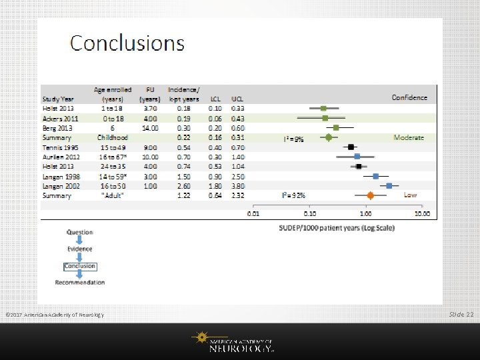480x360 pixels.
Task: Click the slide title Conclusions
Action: pos(127,43)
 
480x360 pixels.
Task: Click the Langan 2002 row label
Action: pos(60,186)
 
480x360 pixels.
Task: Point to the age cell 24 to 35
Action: pos(114,166)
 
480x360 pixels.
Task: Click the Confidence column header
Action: pos(409,97)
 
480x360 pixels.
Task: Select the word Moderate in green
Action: pos(409,137)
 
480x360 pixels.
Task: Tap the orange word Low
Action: pos(411,195)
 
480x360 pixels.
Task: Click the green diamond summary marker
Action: pos(328,137)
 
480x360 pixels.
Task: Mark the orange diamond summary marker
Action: pos(371,195)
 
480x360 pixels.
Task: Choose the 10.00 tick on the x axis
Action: pos(422,214)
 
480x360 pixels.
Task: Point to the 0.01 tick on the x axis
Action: pos(254,214)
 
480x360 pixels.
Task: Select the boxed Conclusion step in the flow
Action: pos(80,266)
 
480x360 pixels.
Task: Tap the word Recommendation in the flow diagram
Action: pos(80,283)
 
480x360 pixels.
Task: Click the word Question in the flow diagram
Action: pos(80,232)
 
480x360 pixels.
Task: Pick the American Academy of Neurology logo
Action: pos(239,342)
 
